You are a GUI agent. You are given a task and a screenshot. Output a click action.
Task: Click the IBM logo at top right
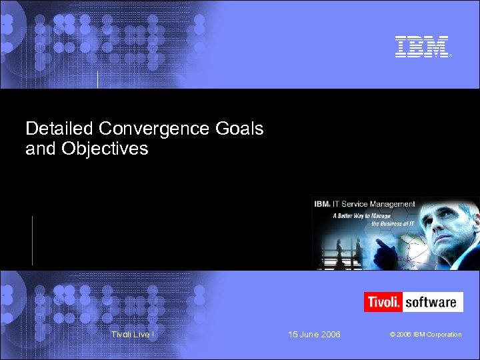(422, 47)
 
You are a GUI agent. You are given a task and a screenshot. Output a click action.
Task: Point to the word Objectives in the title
(105, 149)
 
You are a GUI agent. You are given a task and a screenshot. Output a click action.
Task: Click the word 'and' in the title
(41, 149)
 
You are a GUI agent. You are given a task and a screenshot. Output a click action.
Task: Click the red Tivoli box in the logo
(383, 302)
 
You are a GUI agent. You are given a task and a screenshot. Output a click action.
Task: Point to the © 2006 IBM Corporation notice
(426, 334)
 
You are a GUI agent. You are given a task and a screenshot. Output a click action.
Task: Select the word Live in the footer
(141, 334)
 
